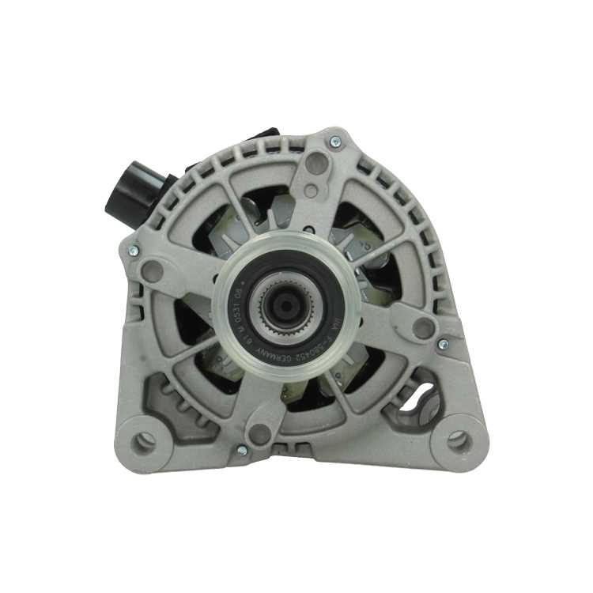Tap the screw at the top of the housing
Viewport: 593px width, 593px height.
tap(335, 142)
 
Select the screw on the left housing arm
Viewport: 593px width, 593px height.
tap(132, 251)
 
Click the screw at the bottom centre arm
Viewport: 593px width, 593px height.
tap(241, 451)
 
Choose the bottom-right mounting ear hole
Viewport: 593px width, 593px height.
tap(457, 440)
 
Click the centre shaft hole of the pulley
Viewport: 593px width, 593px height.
tap(281, 304)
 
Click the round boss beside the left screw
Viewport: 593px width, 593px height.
tap(153, 271)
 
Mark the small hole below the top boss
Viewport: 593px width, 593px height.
tap(311, 191)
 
